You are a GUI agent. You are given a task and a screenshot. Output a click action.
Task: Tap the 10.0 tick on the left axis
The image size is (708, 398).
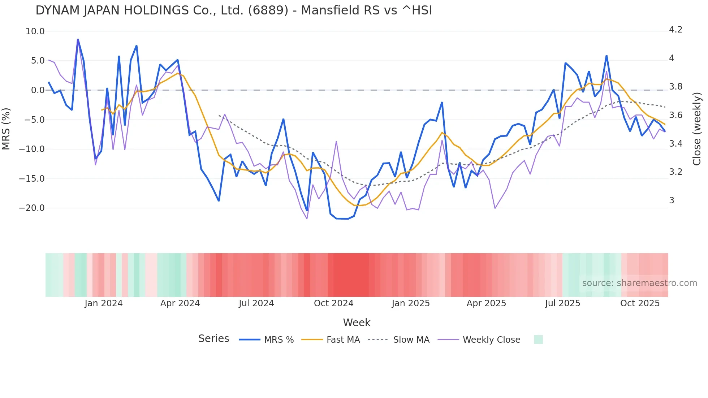click(35, 31)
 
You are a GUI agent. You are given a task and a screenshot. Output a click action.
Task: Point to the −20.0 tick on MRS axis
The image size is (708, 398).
click(32, 208)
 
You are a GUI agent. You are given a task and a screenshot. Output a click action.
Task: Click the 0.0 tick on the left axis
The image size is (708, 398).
click(38, 90)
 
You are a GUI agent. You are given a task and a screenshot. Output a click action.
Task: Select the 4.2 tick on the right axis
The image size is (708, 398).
click(675, 30)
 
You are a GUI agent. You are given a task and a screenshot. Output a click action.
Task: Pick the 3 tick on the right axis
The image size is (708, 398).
click(672, 200)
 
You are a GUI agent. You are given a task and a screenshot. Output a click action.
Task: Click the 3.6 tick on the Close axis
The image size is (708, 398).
click(675, 115)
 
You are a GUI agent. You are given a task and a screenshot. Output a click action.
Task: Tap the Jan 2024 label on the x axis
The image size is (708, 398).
click(104, 303)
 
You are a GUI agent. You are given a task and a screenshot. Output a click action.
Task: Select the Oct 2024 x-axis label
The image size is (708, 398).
click(333, 303)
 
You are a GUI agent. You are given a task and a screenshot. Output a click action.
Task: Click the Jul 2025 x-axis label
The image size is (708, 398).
click(562, 303)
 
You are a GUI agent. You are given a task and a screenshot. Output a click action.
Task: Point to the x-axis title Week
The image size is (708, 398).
click(357, 323)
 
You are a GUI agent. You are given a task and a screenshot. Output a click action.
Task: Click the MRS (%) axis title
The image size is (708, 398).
click(6, 129)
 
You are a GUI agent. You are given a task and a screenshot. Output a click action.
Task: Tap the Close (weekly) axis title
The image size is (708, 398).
click(697, 129)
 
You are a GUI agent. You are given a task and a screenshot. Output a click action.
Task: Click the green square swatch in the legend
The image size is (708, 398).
click(538, 340)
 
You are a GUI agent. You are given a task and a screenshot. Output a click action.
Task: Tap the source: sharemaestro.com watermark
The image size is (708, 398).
click(639, 283)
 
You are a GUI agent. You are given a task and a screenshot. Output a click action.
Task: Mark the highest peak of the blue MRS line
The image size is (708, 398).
click(78, 39)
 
